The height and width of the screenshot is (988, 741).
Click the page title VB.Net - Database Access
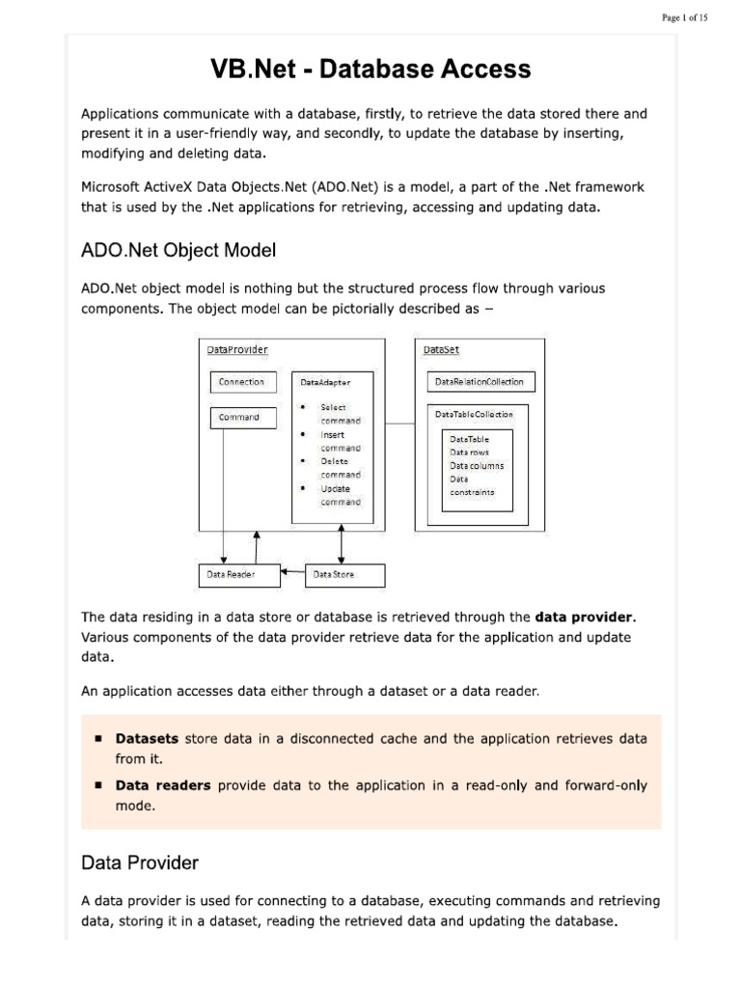[370, 69]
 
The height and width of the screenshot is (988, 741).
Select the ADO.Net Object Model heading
[178, 250]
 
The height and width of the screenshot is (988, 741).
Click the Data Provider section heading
[140, 862]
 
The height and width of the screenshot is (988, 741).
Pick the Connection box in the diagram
[242, 382]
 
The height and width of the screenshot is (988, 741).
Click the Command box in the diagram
[242, 418]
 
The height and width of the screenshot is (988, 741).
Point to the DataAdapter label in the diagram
[325, 383]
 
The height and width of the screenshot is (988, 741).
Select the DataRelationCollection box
[480, 382]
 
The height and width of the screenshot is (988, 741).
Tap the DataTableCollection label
[475, 414]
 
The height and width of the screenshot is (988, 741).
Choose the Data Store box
[343, 575]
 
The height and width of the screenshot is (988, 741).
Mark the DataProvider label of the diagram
[237, 349]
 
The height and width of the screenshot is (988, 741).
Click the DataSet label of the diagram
[441, 349]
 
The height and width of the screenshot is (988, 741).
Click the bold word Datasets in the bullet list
[148, 739]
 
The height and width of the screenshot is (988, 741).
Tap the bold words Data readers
[163, 785]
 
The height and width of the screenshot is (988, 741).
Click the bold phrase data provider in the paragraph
[585, 617]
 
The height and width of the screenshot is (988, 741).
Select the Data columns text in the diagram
[477, 466]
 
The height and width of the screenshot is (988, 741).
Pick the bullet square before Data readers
[99, 785]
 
